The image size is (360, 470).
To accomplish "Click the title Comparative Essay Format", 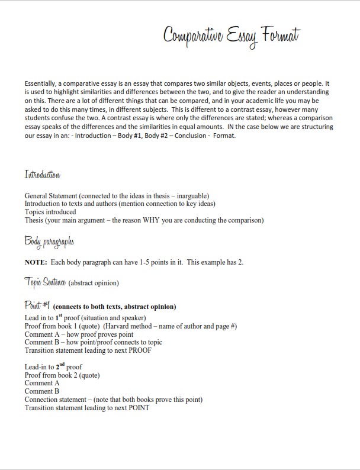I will pos(232,36).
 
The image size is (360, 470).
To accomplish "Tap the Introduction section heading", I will pos(42,175).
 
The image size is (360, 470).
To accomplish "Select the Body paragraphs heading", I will pos(49,242).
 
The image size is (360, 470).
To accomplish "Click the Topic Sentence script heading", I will pos(45,282).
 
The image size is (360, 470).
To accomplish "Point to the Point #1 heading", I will pos(37,305).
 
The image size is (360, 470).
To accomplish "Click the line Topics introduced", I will pos(50,212).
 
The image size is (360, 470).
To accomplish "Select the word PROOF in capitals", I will pos(139,350).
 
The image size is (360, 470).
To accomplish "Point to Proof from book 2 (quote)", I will pos(62,375).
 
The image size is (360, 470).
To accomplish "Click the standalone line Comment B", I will pos(42,391).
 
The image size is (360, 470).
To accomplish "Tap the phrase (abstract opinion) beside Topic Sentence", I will pos(94,283).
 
